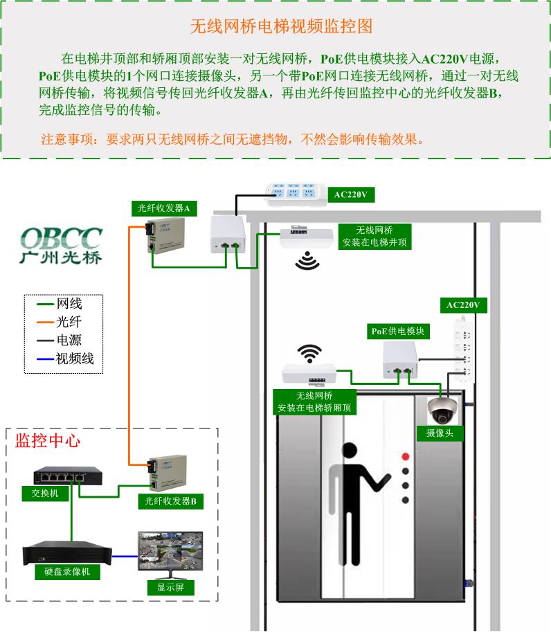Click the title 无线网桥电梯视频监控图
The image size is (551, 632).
[281, 26]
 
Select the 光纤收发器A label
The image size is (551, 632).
[164, 208]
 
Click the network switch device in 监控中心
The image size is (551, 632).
[68, 476]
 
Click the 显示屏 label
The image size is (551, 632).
[170, 588]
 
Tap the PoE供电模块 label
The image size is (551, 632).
[398, 331]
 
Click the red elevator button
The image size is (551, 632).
[406, 457]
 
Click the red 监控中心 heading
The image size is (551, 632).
[47, 441]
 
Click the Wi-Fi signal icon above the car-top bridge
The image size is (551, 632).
[309, 353]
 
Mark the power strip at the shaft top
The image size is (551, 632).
[296, 194]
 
